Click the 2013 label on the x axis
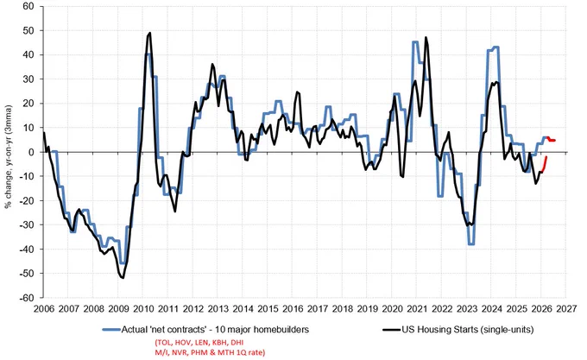(x=218, y=309)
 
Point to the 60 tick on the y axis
(x=28, y=6)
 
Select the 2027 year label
(x=566, y=309)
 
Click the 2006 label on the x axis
(x=44, y=309)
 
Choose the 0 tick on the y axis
(x=31, y=152)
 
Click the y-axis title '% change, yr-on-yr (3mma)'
(x=9, y=156)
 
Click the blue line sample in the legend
(x=111, y=330)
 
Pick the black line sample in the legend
(x=392, y=330)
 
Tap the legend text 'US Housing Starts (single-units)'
(x=468, y=330)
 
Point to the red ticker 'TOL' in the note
(x=162, y=343)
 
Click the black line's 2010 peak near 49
(x=150, y=33)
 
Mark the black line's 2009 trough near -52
(x=123, y=278)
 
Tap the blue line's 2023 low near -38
(x=471, y=244)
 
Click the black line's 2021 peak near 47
(x=426, y=37)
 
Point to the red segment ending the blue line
(x=551, y=139)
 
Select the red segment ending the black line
(x=545, y=165)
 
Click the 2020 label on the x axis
(x=392, y=309)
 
